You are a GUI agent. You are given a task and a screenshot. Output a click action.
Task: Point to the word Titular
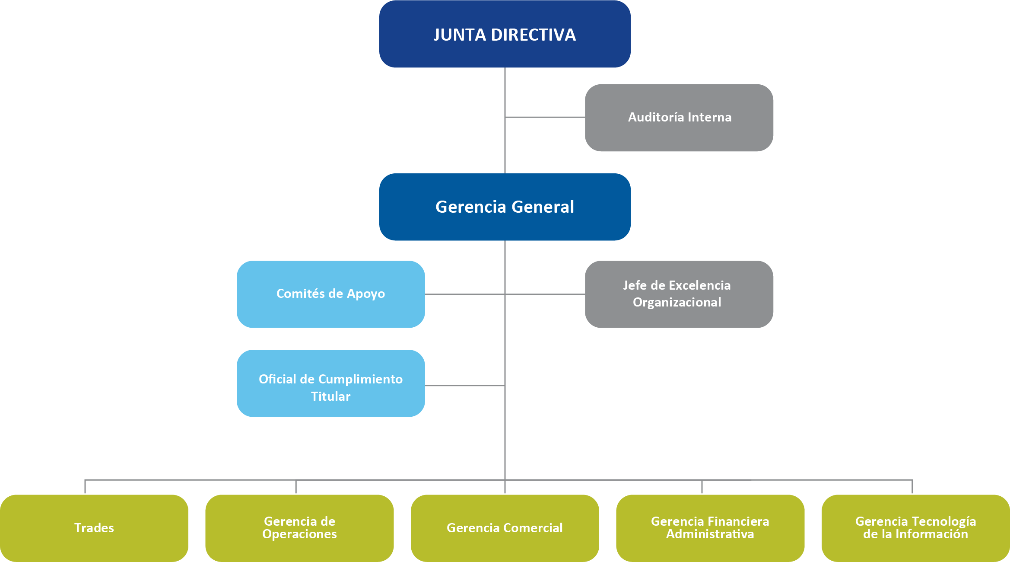click(x=330, y=396)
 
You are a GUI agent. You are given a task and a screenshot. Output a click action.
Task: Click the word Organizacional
click(x=677, y=302)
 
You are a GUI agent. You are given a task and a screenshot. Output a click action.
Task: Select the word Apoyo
click(x=365, y=294)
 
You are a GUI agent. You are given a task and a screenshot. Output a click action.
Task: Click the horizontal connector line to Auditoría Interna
click(x=545, y=117)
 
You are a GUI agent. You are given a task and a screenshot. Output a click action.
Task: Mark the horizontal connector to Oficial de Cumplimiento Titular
click(x=465, y=385)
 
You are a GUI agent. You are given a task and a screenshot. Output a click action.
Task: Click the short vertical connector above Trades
click(x=85, y=487)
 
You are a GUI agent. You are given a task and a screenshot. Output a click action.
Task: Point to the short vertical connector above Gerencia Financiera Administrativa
click(x=702, y=487)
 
